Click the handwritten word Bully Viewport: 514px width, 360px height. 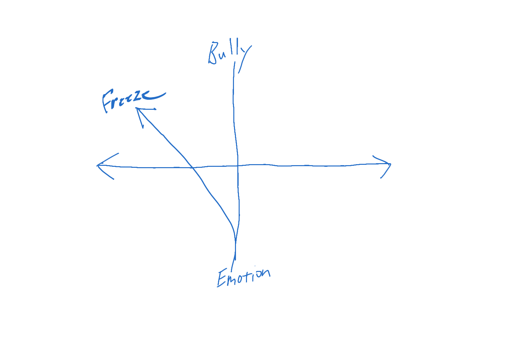click(229, 53)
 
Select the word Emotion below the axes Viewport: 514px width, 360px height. click(243, 277)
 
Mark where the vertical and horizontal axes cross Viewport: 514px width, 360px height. click(238, 165)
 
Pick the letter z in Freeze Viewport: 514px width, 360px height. click(137, 97)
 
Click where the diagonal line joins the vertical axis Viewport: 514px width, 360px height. click(235, 240)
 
